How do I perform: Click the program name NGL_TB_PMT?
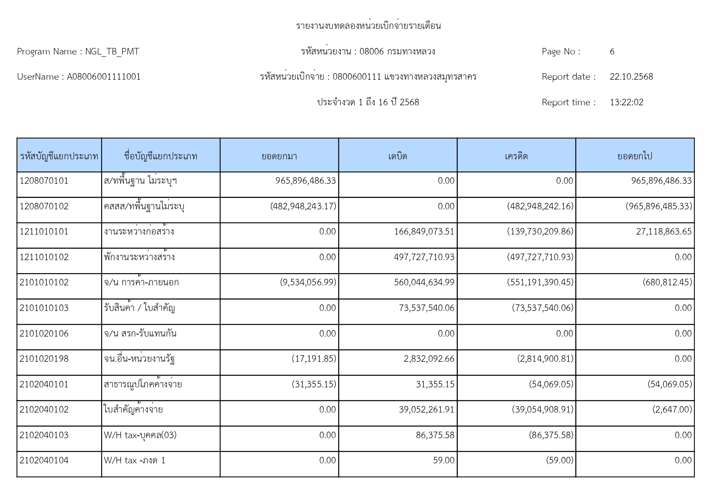(112, 52)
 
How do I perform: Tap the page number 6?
(612, 52)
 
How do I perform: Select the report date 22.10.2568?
(631, 77)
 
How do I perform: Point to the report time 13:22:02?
(626, 102)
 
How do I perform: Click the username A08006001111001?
(104, 77)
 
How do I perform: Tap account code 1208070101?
(44, 181)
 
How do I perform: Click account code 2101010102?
(44, 282)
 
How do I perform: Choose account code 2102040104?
(44, 461)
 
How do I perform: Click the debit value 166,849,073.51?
(424, 232)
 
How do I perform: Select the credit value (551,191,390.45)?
(540, 282)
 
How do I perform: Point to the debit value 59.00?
(443, 461)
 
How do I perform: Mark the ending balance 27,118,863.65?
(663, 232)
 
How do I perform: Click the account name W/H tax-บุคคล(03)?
(140, 435)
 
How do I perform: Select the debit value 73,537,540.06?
(427, 308)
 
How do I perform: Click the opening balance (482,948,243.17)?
(303, 206)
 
